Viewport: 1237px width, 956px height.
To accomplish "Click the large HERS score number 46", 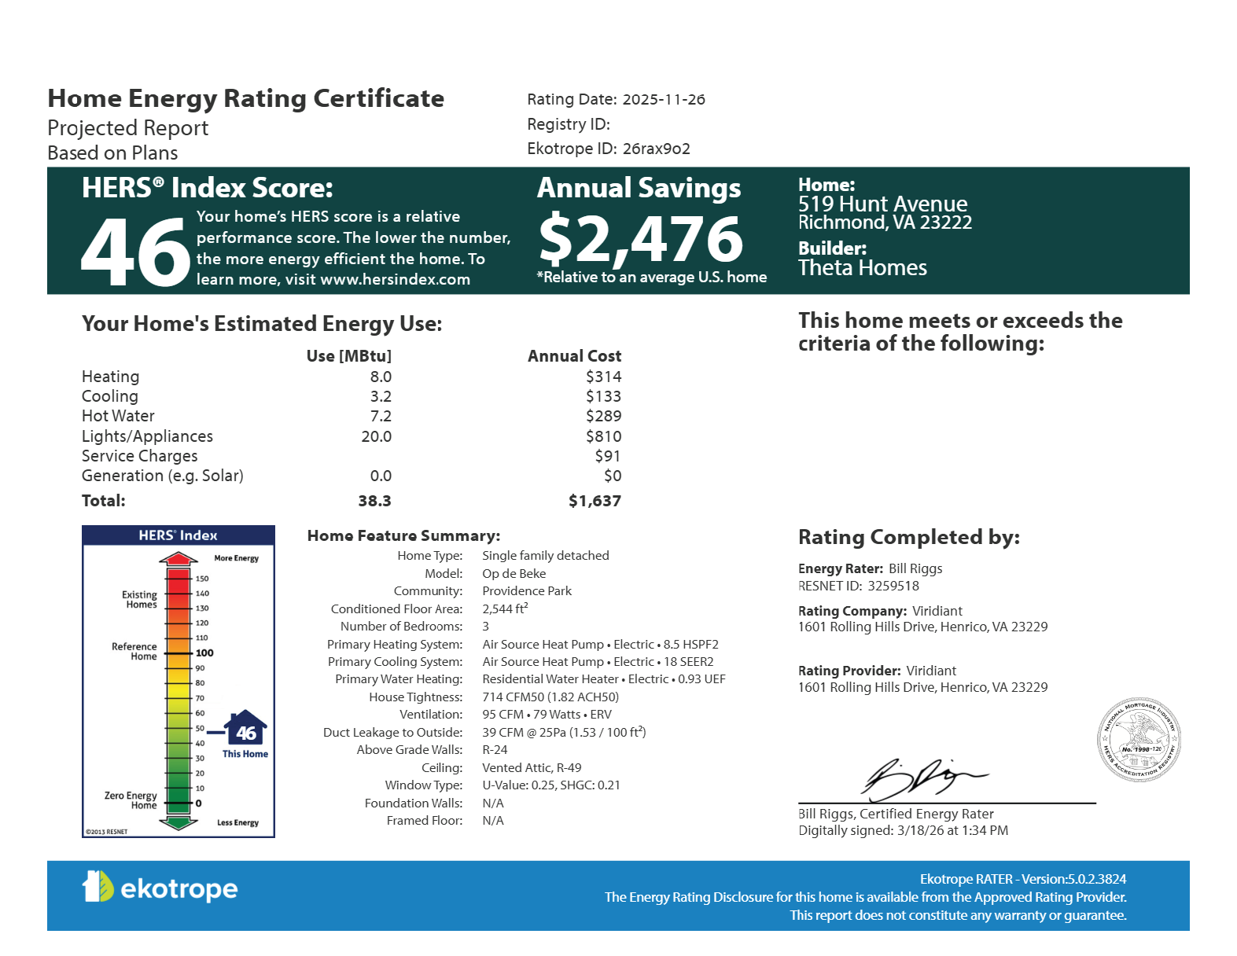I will pos(135,252).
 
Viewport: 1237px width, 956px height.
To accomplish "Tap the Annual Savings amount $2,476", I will pos(640,239).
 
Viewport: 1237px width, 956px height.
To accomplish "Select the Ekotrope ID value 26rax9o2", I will pos(656,149).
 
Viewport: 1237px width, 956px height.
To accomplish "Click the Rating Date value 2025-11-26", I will pos(663,100).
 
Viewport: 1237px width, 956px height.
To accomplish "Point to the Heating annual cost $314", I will pos(603,377).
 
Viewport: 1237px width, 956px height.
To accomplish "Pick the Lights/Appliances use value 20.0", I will pos(376,436).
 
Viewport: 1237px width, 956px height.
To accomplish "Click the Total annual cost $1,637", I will pos(595,501).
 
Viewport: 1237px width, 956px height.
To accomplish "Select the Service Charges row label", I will pos(139,456).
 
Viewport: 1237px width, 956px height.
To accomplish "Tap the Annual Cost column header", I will pos(574,356).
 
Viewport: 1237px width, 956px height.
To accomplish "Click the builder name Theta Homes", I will pos(862,268).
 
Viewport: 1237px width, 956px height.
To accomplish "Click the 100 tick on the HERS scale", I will pos(204,653).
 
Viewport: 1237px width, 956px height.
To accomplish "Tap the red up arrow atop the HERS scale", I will pos(179,559).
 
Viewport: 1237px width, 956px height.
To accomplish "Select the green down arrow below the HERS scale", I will pos(179,823).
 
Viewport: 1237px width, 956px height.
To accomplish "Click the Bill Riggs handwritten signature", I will pos(920,778).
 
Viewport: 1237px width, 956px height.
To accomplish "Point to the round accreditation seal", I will pos(1139,740).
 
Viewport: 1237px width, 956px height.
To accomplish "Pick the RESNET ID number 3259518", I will pos(893,586).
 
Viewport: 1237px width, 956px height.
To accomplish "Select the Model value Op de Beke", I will pos(514,574).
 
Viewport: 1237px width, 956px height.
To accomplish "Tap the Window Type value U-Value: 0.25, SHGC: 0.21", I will pos(550,785).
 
